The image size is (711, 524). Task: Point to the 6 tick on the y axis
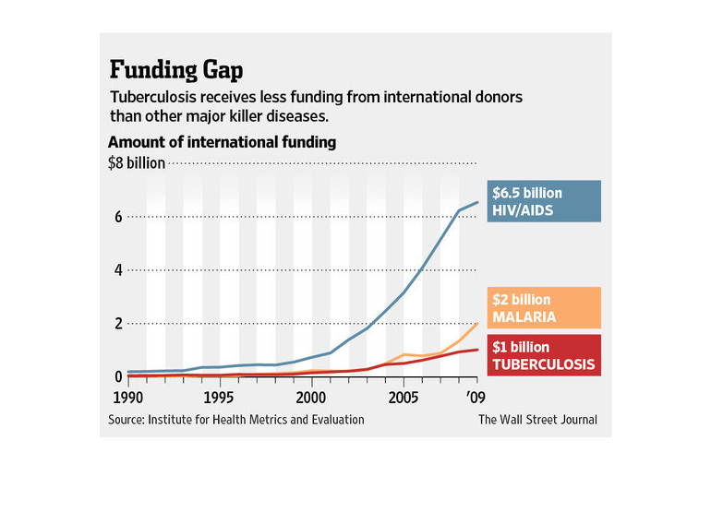(117, 218)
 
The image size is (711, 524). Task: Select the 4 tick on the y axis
(117, 270)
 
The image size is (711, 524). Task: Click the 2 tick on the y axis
(117, 324)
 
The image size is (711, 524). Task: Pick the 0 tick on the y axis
(117, 376)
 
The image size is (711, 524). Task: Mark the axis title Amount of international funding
(222, 143)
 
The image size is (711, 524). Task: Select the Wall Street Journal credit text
(537, 420)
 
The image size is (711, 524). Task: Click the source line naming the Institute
(235, 420)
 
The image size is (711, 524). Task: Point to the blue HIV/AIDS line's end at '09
(476, 203)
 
